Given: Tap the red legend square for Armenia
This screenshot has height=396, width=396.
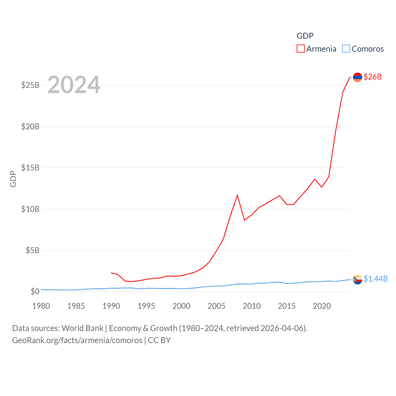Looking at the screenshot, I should tap(300, 49).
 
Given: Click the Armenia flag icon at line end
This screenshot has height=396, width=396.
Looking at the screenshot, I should tap(357, 77).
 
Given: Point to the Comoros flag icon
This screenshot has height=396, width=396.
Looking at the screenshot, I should tap(357, 279).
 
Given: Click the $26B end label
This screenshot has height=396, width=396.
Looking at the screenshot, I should tap(372, 77).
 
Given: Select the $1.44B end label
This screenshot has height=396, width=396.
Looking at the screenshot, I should tap(376, 279).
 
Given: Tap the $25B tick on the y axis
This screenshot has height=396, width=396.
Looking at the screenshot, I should tap(30, 85).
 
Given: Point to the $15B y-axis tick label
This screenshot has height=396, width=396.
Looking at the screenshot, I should tap(30, 168).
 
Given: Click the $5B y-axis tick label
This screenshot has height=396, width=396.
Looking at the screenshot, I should tap(32, 250).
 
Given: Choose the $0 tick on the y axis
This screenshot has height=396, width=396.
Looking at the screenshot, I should tap(35, 291).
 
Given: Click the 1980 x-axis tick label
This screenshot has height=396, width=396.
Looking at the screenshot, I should tap(41, 306).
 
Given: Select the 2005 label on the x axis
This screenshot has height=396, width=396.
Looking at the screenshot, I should tap(217, 306).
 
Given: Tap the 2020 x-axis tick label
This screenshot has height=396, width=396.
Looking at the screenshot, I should tap(322, 306).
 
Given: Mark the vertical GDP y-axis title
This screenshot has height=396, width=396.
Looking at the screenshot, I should tap(13, 179).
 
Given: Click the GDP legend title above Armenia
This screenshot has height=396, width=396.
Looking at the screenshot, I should tap(305, 36).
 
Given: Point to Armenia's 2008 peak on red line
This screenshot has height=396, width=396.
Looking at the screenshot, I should tap(237, 196).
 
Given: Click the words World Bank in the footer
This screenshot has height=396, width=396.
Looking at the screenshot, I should tap(82, 328).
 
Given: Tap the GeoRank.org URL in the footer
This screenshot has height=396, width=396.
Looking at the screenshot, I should tap(77, 340).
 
